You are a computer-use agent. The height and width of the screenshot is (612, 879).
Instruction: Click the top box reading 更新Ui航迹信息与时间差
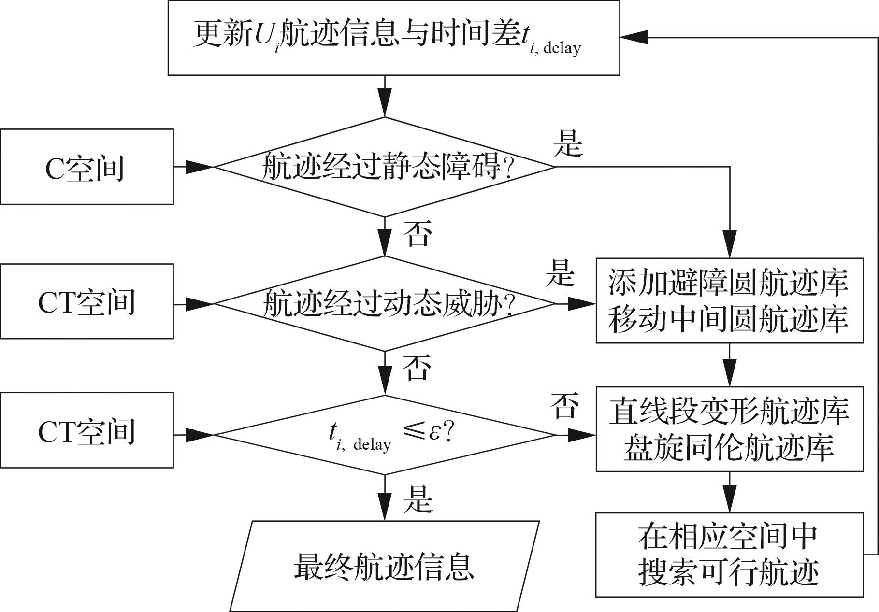pyautogui.click(x=393, y=38)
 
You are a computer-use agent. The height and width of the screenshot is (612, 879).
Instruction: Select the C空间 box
pyautogui.click(x=86, y=167)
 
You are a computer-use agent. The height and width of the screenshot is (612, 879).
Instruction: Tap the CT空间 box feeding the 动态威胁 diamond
pyautogui.click(x=86, y=301)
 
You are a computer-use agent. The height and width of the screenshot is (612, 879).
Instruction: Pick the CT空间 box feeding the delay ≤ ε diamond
pyautogui.click(x=86, y=430)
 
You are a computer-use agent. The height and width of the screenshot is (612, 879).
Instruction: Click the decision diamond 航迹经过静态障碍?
pyautogui.click(x=385, y=167)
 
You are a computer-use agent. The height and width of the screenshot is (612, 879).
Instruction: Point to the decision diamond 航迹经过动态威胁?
pyautogui.click(x=385, y=304)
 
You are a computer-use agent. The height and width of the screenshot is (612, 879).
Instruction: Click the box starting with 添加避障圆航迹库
pyautogui.click(x=729, y=300)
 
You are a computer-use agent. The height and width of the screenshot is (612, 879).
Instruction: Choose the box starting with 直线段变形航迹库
pyautogui.click(x=729, y=429)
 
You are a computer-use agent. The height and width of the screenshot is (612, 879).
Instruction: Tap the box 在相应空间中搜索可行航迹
pyautogui.click(x=729, y=555)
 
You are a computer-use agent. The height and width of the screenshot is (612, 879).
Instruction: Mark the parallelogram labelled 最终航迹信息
pyautogui.click(x=384, y=566)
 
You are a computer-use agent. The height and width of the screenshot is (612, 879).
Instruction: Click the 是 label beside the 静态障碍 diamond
pyautogui.click(x=568, y=143)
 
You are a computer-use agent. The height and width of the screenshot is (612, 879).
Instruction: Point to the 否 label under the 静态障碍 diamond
pyautogui.click(x=417, y=234)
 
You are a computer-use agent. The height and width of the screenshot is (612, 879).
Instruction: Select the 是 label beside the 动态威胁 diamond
pyautogui.click(x=561, y=273)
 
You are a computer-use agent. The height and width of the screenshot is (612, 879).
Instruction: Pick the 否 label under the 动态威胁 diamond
pyautogui.click(x=417, y=368)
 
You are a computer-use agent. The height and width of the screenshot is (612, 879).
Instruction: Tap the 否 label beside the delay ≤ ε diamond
pyautogui.click(x=564, y=405)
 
